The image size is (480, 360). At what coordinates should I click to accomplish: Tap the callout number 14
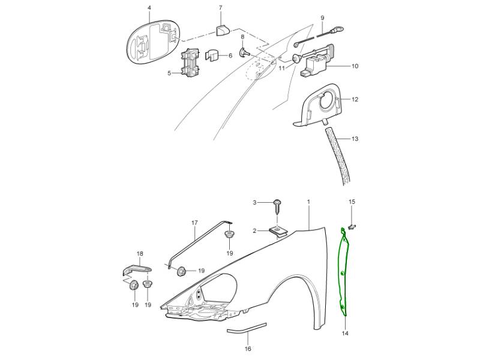[x=345, y=333]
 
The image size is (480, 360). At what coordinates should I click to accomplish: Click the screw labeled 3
[x=278, y=207]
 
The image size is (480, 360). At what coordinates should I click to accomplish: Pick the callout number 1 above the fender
[x=308, y=202]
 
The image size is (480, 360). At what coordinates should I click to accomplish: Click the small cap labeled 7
[x=222, y=31]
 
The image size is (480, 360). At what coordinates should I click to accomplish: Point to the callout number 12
[x=355, y=99]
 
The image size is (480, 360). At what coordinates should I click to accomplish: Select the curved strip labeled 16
[x=247, y=328]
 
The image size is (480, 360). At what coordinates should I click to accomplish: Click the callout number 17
[x=194, y=223]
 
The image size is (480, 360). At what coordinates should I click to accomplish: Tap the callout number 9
[x=322, y=18]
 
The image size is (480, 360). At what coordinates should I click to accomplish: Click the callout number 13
[x=355, y=139]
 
